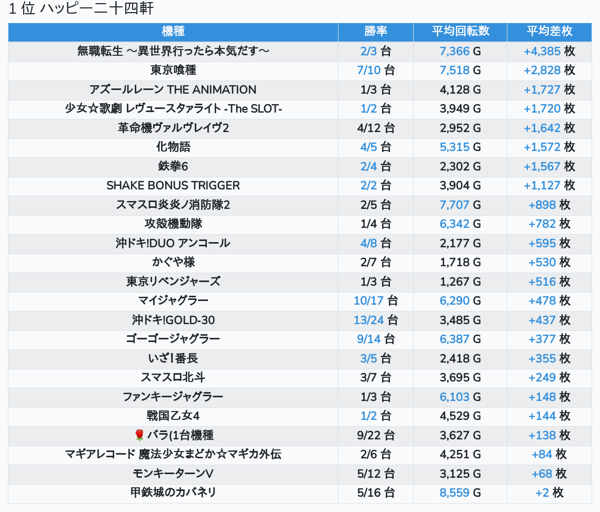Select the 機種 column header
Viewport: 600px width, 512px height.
(x=173, y=32)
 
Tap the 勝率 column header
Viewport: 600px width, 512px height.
(x=376, y=32)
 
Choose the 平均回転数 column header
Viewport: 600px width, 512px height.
(x=461, y=32)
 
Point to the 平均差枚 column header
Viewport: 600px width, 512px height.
(x=549, y=32)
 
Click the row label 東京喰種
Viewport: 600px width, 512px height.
(x=173, y=71)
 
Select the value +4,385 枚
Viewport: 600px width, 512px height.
(x=549, y=51)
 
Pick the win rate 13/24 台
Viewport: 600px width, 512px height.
(x=376, y=320)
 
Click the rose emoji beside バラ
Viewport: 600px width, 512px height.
(x=139, y=435)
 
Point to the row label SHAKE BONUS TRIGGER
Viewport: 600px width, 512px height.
(x=173, y=186)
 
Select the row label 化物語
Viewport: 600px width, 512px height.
(x=173, y=147)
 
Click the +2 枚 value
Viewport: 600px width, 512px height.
(x=549, y=493)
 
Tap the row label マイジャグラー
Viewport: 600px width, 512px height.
(x=173, y=301)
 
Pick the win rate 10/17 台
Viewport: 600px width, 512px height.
(x=376, y=301)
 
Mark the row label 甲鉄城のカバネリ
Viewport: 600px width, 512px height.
(x=173, y=493)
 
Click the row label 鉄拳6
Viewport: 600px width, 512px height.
(x=173, y=166)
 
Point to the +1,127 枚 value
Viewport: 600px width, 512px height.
(x=549, y=186)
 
